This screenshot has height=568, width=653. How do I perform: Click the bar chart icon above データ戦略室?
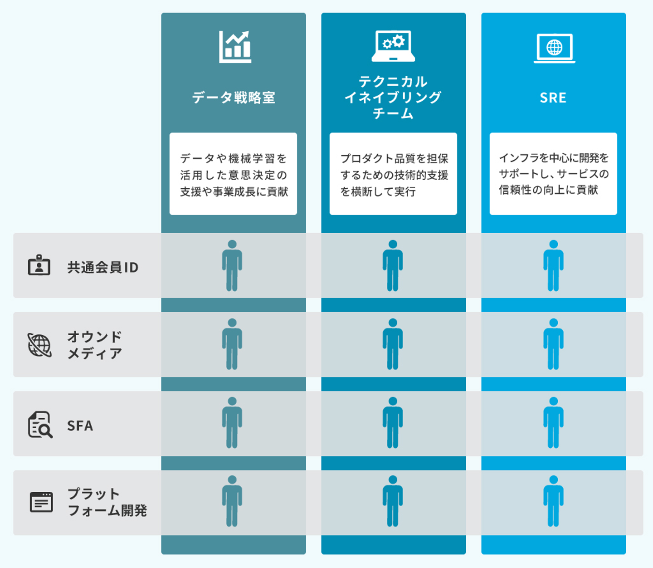click(x=235, y=47)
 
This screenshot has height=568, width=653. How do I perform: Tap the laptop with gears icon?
click(x=393, y=46)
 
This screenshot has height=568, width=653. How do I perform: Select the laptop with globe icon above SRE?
click(x=554, y=48)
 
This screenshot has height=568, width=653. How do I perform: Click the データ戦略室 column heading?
click(x=234, y=98)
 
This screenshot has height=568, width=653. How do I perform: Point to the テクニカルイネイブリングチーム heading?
click(x=393, y=97)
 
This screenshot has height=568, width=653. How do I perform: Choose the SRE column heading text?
click(x=553, y=98)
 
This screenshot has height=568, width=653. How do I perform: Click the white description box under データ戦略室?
click(x=234, y=174)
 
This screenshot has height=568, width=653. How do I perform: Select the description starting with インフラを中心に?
click(x=553, y=174)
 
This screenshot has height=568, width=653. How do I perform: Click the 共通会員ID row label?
click(x=103, y=268)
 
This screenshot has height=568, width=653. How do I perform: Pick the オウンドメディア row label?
click(x=95, y=345)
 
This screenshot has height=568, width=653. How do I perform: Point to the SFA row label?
click(x=80, y=426)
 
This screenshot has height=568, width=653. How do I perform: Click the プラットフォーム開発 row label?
click(x=107, y=502)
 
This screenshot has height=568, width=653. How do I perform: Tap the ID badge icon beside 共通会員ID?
click(x=39, y=265)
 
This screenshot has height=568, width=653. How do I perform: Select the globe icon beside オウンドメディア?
click(x=39, y=345)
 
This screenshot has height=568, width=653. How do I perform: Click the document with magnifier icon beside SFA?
click(x=40, y=425)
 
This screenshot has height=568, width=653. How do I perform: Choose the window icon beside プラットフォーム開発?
click(x=41, y=502)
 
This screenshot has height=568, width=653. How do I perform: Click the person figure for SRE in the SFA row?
click(x=553, y=422)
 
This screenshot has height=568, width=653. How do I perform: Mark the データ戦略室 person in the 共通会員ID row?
click(x=232, y=265)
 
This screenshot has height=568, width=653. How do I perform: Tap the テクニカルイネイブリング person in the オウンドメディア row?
click(x=393, y=344)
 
